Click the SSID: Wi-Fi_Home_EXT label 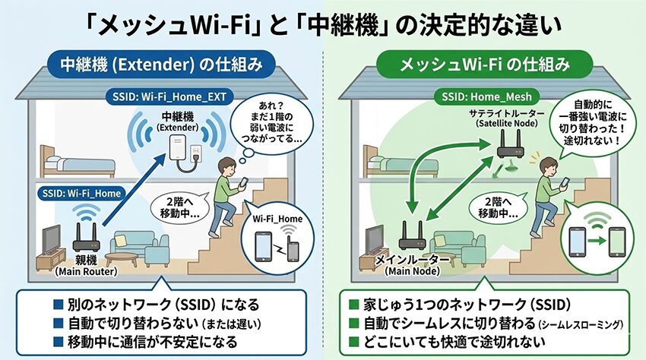pyautogui.click(x=169, y=96)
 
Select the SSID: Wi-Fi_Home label pyautogui.click(x=81, y=193)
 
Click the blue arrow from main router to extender pyautogui.click(x=134, y=189)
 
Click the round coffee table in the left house pyautogui.click(x=121, y=259)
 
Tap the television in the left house pyautogui.click(x=52, y=239)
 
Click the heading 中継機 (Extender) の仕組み pyautogui.click(x=161, y=65)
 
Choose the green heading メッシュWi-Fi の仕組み pyautogui.click(x=485, y=65)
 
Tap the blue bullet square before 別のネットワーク pyautogui.click(x=59, y=305)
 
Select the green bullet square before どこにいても pyautogui.click(x=353, y=342)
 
